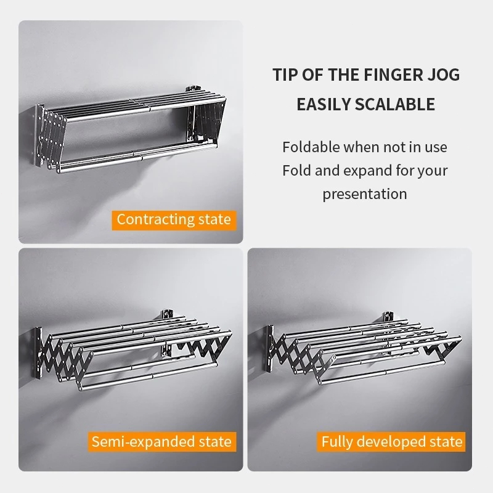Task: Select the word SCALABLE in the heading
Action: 395,104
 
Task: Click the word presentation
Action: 365,194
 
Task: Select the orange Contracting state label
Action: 174,220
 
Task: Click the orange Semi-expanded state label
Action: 162,442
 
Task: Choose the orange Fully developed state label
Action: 391,442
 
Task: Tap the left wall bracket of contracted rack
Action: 39,134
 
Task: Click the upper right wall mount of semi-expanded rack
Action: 167,315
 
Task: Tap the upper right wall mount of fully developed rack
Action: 388,317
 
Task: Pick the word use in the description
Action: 436,147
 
